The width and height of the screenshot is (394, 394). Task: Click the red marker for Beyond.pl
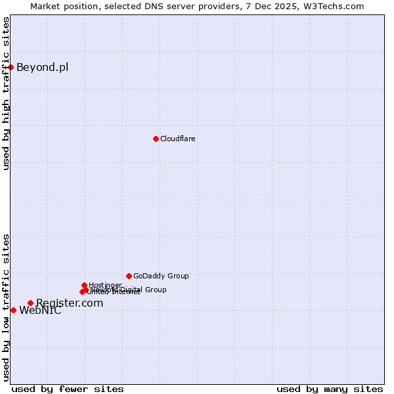11,67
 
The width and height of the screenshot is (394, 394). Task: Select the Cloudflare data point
156,139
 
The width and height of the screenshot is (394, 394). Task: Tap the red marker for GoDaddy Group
129,276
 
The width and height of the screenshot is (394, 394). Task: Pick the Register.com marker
30,303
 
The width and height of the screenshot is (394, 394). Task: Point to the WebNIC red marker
13,310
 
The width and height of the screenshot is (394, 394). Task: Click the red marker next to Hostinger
85,285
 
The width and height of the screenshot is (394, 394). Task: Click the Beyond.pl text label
42,67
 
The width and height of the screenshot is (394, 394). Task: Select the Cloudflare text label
178,139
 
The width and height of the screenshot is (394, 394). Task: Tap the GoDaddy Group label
161,276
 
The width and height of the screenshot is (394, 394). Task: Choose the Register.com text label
70,303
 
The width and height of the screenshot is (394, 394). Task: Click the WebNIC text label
40,311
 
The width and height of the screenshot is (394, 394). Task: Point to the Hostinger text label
105,285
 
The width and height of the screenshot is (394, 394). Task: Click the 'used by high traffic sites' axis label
6,93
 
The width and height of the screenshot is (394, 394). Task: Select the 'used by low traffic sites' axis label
6,307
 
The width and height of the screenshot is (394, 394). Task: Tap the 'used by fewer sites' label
68,389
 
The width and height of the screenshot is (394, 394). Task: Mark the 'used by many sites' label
330,389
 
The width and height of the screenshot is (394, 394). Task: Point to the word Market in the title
46,6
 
